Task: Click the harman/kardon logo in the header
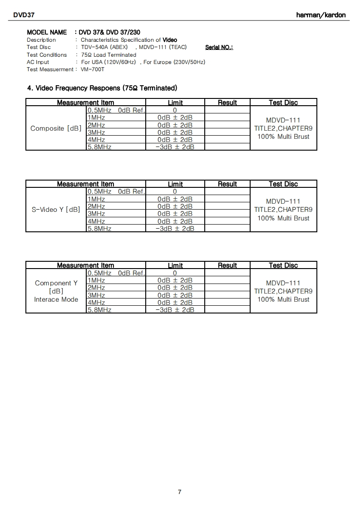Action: point(321,15)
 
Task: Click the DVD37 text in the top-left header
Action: point(24,15)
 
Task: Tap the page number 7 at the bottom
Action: point(180,492)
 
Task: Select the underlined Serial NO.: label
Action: point(219,47)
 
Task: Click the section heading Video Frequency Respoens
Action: point(102,88)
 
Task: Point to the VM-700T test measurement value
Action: point(93,69)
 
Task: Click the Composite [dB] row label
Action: point(56,128)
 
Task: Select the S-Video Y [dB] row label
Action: point(56,210)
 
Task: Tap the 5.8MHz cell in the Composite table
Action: point(99,147)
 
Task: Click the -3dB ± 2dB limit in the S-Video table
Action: point(175,229)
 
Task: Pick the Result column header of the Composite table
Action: point(227,103)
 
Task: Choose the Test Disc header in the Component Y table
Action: point(283,265)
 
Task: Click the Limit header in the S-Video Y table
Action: point(175,184)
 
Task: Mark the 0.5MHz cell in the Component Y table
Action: point(99,273)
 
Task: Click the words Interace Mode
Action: point(56,299)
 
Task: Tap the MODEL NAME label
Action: point(47,32)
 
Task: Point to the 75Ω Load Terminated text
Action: point(108,55)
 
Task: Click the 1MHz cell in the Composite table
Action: point(96,117)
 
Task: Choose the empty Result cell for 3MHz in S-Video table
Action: point(227,214)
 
